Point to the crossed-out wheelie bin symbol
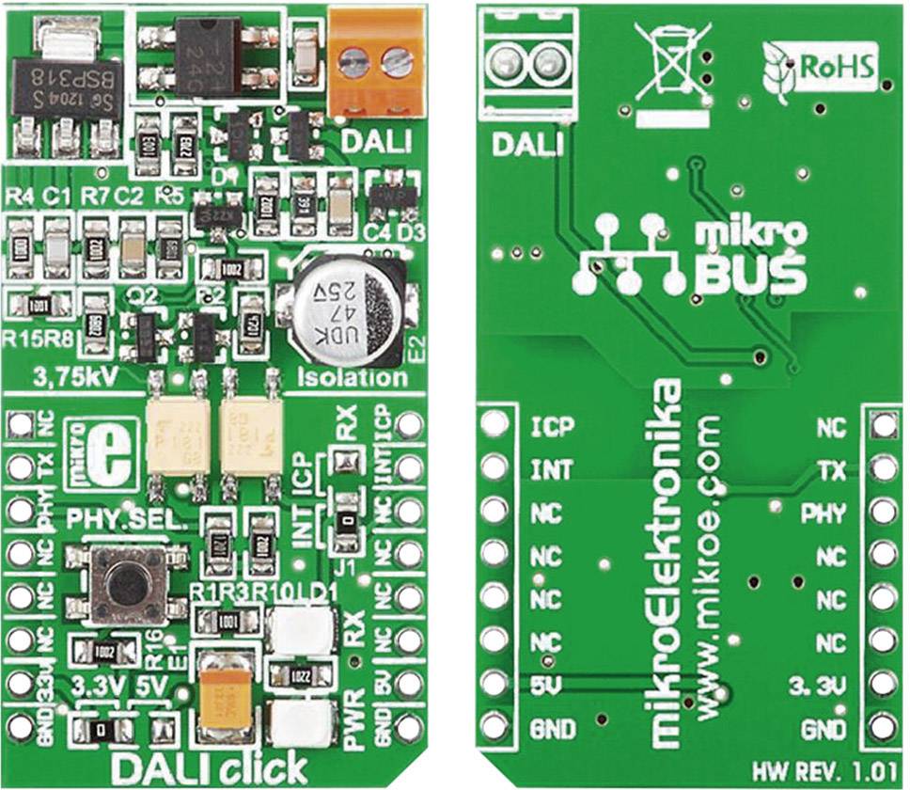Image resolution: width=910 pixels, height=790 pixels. point(668,65)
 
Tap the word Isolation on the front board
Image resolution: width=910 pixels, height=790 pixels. point(352,378)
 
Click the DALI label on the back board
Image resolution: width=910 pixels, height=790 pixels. point(525,145)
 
